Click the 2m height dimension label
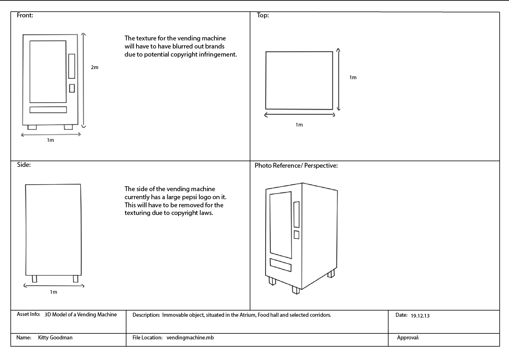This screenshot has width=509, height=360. coord(94,67)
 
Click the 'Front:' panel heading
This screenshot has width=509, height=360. coord(25,15)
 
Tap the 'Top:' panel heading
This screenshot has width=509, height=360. coord(263,15)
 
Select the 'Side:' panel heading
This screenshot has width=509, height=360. coord(24,165)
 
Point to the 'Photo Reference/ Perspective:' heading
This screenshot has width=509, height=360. coord(296,166)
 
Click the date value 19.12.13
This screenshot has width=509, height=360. coord(420,316)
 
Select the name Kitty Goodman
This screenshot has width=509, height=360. coord(55,337)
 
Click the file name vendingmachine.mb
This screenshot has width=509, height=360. coord(190,337)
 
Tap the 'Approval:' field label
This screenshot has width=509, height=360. coord(408,337)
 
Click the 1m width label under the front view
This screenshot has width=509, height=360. coord(50,140)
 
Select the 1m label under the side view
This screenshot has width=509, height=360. coord(53,292)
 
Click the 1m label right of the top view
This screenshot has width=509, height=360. coord(353,78)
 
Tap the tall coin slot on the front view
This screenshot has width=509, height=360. coord(72,66)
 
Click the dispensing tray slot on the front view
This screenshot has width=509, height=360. coord(48,110)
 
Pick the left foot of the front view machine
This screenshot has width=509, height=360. coord(32,127)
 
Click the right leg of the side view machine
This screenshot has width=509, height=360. coord(75,278)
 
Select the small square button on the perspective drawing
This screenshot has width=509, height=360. coord(296,234)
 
